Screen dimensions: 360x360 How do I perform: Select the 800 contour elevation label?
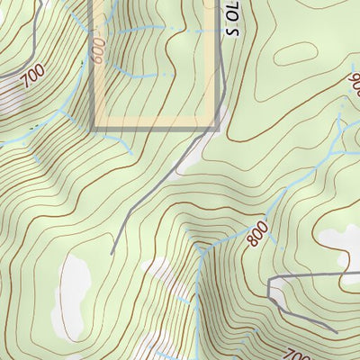pyautogui.click(x=256, y=235)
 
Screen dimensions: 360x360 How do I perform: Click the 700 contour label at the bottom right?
pyautogui.click(x=296, y=353)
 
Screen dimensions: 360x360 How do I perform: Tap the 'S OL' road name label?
pyautogui.click(x=233, y=19)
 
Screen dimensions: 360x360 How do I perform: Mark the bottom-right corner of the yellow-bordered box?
pyautogui.click(x=217, y=128)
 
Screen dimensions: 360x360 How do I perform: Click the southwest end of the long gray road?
pyautogui.click(x=112, y=253)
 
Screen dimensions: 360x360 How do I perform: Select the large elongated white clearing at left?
pyautogui.click(x=69, y=292)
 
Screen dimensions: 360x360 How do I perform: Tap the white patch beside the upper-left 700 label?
pyautogui.click(x=11, y=94)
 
